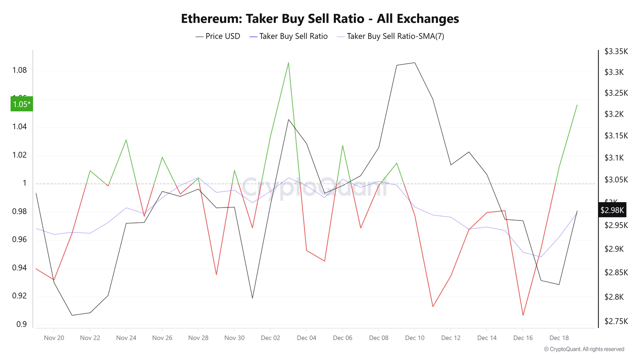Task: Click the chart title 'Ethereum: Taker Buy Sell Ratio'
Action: pos(320,19)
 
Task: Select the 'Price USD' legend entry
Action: pos(218,36)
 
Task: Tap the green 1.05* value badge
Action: pos(22,104)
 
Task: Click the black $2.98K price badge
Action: pos(612,210)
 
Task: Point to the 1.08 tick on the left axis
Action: pos(20,70)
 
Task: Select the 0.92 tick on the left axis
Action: pos(20,296)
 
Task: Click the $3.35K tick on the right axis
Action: pos(616,52)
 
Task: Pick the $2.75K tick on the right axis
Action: pos(616,321)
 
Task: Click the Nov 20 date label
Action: pos(54,338)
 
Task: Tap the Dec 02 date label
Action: pos(270,338)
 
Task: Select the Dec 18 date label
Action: pos(559,338)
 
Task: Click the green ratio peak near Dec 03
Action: pos(288,63)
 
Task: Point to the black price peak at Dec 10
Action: pos(415,63)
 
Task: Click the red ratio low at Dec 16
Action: pos(523,315)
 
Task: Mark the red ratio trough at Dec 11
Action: pos(433,307)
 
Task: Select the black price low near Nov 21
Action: pos(72,315)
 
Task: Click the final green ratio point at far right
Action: pos(577,105)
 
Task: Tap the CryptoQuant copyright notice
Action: pos(584,349)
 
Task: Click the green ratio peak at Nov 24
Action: pos(126,140)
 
